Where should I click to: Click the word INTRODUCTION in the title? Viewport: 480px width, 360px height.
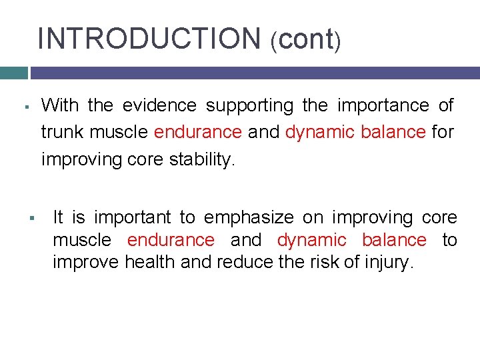(149, 38)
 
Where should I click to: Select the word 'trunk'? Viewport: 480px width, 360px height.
(63, 132)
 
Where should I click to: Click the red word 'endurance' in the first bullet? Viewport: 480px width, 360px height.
(197, 132)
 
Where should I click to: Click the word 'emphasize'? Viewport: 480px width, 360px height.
(250, 217)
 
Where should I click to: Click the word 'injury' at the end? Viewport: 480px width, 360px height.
(388, 262)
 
